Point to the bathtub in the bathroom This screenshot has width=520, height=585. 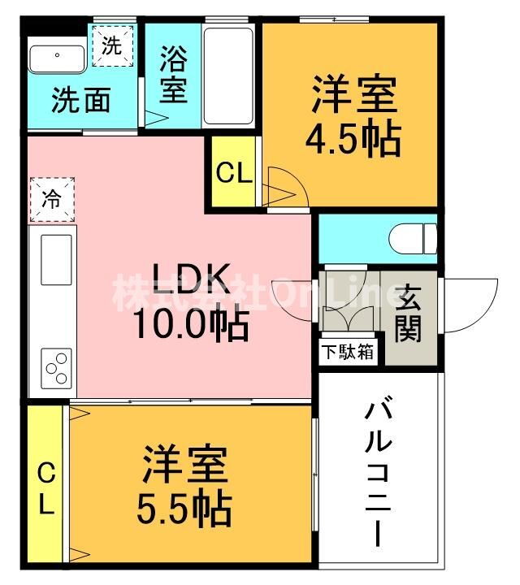coord(229,75)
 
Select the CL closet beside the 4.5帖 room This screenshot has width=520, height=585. coord(234,173)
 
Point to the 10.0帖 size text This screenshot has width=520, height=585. coord(191,325)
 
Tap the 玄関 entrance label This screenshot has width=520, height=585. coord(409,314)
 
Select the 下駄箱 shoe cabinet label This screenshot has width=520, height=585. coord(347,353)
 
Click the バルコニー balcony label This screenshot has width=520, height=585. coord(379,471)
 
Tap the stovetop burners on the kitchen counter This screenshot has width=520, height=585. coord(57,367)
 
